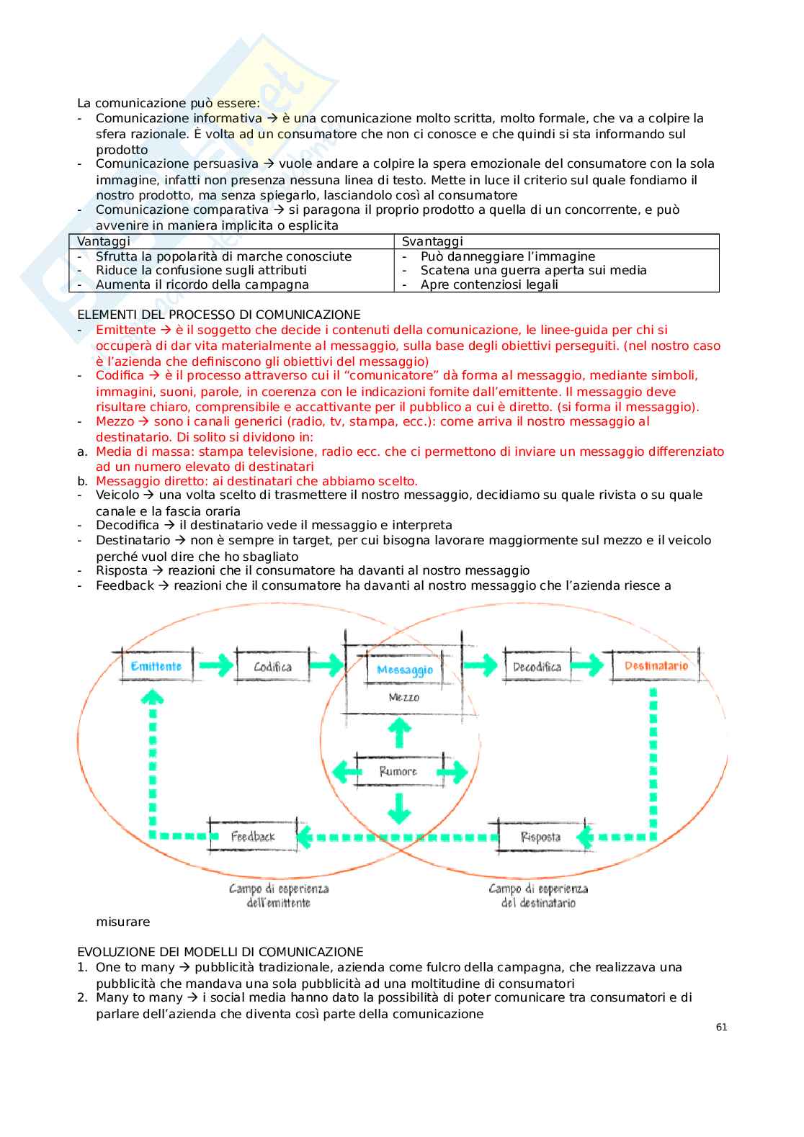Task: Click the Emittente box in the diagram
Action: tap(156, 666)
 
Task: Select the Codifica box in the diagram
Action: tap(272, 667)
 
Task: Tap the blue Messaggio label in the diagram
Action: tap(405, 670)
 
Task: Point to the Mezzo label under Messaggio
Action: tap(403, 697)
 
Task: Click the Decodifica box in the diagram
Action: tap(537, 667)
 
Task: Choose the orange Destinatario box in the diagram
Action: tap(656, 666)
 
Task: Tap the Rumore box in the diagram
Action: tap(398, 771)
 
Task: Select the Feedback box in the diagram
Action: tap(253, 837)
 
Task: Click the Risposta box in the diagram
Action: tap(540, 837)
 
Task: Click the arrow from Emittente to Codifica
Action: tap(215, 665)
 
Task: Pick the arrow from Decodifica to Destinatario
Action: tap(586, 665)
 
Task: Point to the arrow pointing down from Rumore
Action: tap(398, 807)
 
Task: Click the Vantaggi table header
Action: tap(104, 241)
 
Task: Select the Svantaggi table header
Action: tap(432, 241)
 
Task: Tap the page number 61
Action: tap(721, 1028)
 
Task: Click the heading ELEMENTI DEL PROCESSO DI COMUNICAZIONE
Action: tap(219, 315)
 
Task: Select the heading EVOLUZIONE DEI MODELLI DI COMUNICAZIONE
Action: tap(220, 952)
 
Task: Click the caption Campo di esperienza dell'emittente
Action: tap(279, 896)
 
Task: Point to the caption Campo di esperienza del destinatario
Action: tap(538, 896)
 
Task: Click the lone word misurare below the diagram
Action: tap(123, 922)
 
